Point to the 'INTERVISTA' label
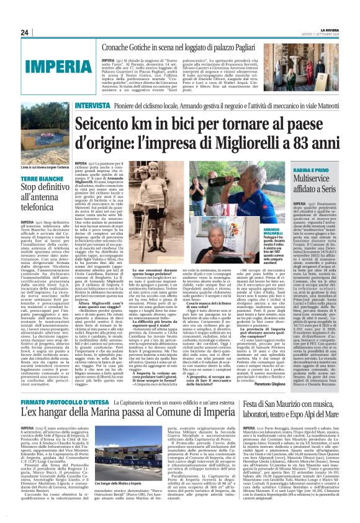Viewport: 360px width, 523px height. tap(92, 106)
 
